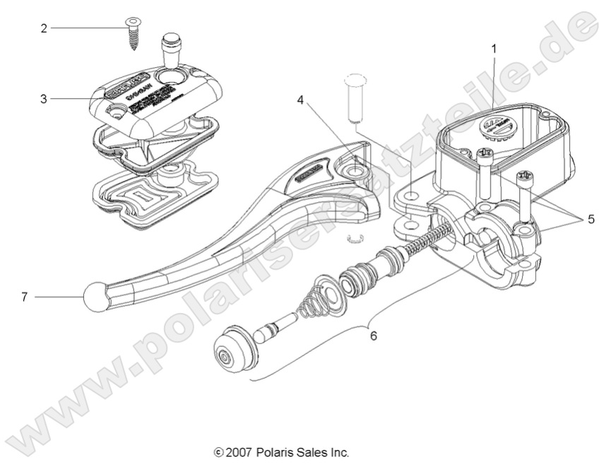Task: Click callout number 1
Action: [494, 49]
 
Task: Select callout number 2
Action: [44, 28]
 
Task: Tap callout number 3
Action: [44, 99]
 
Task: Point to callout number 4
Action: [300, 100]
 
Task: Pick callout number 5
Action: [590, 219]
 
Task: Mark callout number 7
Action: [25, 297]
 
